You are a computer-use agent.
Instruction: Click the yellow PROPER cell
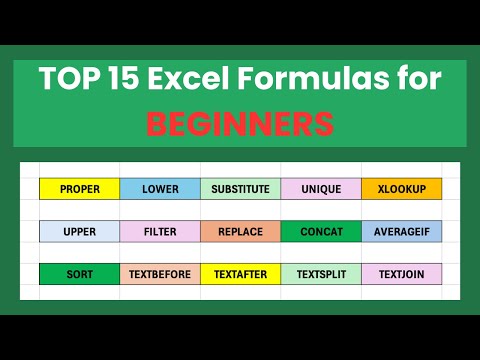point(79,189)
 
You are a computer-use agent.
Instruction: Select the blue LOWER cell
point(160,189)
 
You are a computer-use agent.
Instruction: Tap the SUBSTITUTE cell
point(240,189)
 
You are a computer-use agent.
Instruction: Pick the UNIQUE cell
point(321,189)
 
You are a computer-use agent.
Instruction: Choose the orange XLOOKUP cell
point(401,189)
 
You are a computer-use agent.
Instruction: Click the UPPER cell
point(79,231)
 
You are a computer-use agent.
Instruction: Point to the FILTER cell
point(160,231)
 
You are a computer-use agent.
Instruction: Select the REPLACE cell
point(240,231)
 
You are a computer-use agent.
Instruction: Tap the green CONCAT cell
point(321,231)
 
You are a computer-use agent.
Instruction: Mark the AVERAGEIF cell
point(401,231)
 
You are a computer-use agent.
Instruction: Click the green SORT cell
point(79,273)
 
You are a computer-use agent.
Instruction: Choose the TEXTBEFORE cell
point(160,273)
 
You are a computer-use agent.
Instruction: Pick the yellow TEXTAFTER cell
point(240,273)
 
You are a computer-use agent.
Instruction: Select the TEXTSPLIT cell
point(321,273)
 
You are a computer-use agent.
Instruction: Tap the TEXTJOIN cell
point(401,273)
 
